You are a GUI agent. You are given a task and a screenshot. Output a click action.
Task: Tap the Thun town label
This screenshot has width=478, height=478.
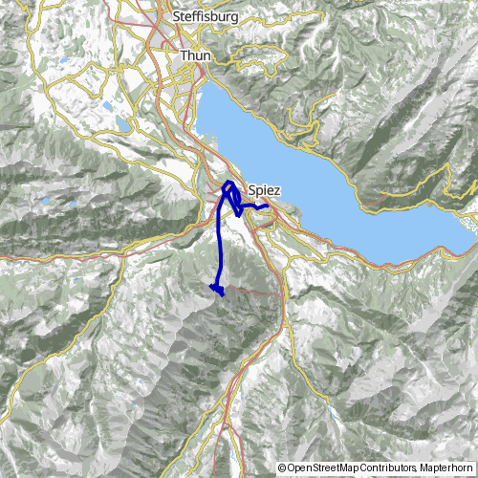[195, 56]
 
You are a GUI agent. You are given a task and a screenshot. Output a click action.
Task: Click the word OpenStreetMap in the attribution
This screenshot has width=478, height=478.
[323, 467]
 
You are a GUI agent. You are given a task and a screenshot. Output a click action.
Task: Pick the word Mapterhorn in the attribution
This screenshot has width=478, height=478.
[447, 467]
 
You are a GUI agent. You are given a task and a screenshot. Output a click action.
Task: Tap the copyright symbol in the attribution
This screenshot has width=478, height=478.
[283, 467]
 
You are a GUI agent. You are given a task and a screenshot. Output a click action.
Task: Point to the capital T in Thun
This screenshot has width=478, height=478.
[184, 56]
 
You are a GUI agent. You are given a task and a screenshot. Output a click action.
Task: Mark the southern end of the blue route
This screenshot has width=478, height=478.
[223, 295]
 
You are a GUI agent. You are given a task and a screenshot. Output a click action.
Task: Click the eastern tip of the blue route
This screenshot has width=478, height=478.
[268, 206]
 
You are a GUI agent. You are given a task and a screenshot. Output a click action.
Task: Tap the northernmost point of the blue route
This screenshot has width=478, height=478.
[229, 181]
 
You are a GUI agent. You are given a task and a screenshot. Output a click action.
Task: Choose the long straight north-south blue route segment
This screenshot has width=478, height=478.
[221, 249]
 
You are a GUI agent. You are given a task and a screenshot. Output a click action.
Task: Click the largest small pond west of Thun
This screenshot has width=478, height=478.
[124, 124]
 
